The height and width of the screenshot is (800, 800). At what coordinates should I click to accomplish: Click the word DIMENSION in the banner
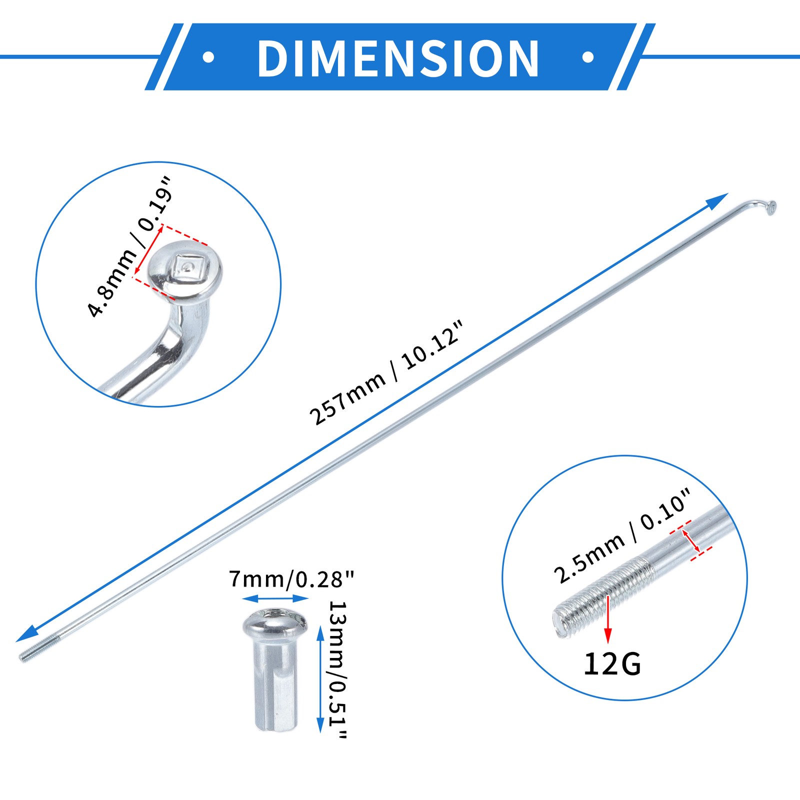398,58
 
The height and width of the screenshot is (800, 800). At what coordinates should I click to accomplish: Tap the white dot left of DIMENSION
208,57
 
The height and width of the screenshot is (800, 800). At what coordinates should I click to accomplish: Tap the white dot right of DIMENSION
588,57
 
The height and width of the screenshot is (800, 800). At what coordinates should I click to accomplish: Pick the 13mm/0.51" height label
337,669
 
